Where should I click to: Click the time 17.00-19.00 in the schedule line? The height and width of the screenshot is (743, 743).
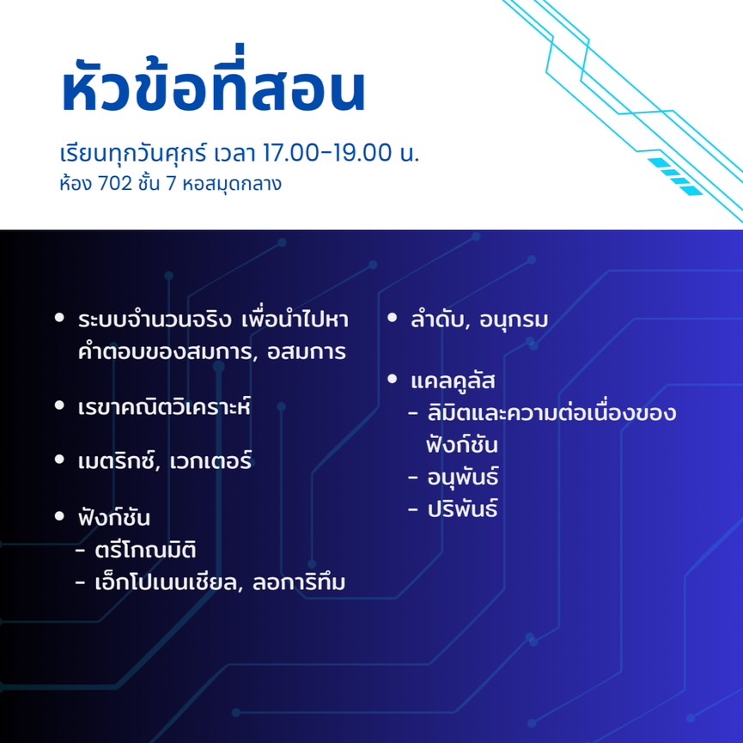pyautogui.click(x=328, y=153)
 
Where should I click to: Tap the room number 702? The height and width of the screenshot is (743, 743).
pyautogui.click(x=115, y=184)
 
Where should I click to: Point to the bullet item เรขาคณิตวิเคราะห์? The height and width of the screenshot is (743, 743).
pyautogui.click(x=164, y=406)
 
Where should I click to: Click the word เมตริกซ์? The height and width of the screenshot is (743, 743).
pyautogui.click(x=117, y=460)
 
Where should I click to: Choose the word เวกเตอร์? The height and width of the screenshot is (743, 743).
pyautogui.click(x=210, y=460)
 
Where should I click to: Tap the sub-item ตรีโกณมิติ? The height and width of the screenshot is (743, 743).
pyautogui.click(x=145, y=550)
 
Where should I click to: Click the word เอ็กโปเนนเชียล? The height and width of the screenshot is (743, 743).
pyautogui.click(x=166, y=582)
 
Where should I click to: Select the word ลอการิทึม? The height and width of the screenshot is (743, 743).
pyautogui.click(x=299, y=582)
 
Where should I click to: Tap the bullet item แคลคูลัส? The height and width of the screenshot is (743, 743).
pyautogui.click(x=453, y=381)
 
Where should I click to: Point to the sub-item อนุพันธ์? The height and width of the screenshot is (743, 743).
pyautogui.click(x=462, y=477)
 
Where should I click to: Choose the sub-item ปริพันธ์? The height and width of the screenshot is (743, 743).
pyautogui.click(x=462, y=509)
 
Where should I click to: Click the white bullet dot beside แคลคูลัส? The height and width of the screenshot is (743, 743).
pyautogui.click(x=392, y=379)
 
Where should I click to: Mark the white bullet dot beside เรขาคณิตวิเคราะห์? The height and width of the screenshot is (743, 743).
pyautogui.click(x=59, y=405)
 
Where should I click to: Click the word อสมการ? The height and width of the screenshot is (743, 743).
pyautogui.click(x=306, y=352)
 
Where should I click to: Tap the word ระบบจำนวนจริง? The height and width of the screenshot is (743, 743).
pyautogui.click(x=155, y=320)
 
